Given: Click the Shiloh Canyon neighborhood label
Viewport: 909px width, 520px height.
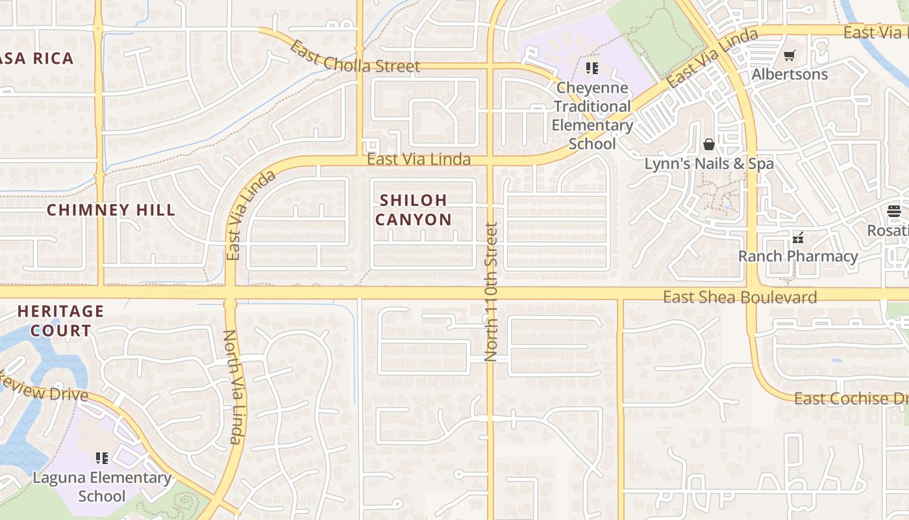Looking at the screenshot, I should (413, 210).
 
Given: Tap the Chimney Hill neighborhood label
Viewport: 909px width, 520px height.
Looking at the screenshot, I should (111, 210).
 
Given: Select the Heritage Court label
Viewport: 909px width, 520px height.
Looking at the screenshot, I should (60, 320).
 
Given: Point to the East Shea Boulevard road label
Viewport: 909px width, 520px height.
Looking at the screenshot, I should (740, 297).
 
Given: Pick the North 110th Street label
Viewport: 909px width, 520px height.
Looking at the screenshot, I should (491, 292).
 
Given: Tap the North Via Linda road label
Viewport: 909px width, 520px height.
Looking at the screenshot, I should (233, 387).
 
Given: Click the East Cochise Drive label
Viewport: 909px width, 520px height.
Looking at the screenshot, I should (851, 398).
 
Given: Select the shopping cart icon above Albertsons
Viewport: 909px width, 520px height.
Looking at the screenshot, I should (789, 57).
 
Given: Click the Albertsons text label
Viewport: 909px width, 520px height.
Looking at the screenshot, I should (790, 74).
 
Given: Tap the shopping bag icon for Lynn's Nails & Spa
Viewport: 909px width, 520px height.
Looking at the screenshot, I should (709, 144).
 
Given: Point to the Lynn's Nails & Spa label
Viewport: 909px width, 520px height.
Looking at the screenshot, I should (709, 163).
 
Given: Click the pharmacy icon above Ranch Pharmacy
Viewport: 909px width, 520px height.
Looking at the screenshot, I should (798, 238).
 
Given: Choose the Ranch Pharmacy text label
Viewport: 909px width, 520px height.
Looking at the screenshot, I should (798, 256).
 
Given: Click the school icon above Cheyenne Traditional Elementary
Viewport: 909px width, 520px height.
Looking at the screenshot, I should (591, 68).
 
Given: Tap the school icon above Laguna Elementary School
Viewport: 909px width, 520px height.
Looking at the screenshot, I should (101, 458).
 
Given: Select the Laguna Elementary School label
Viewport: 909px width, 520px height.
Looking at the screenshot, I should (102, 487).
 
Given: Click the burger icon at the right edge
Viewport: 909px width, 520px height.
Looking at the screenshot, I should (894, 211).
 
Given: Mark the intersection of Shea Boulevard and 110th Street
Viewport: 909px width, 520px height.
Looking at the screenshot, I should (491, 294).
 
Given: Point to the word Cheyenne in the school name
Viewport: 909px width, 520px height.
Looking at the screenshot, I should (592, 88).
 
